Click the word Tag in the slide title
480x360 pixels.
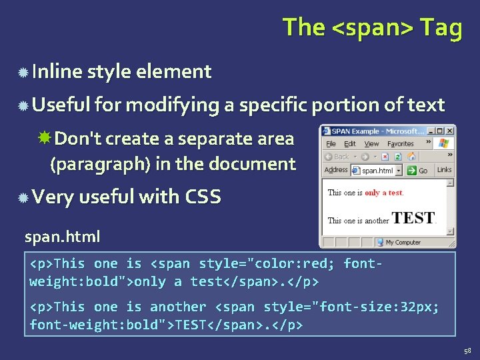point(441,28)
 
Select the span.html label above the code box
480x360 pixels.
point(62,236)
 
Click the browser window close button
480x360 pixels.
point(450,131)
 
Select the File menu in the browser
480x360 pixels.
point(331,143)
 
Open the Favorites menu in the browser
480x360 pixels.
point(401,143)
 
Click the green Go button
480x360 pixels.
point(419,171)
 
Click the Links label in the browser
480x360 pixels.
point(444,170)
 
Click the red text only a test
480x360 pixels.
point(383,193)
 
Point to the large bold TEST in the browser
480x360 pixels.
point(413,218)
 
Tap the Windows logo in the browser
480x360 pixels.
point(444,143)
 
